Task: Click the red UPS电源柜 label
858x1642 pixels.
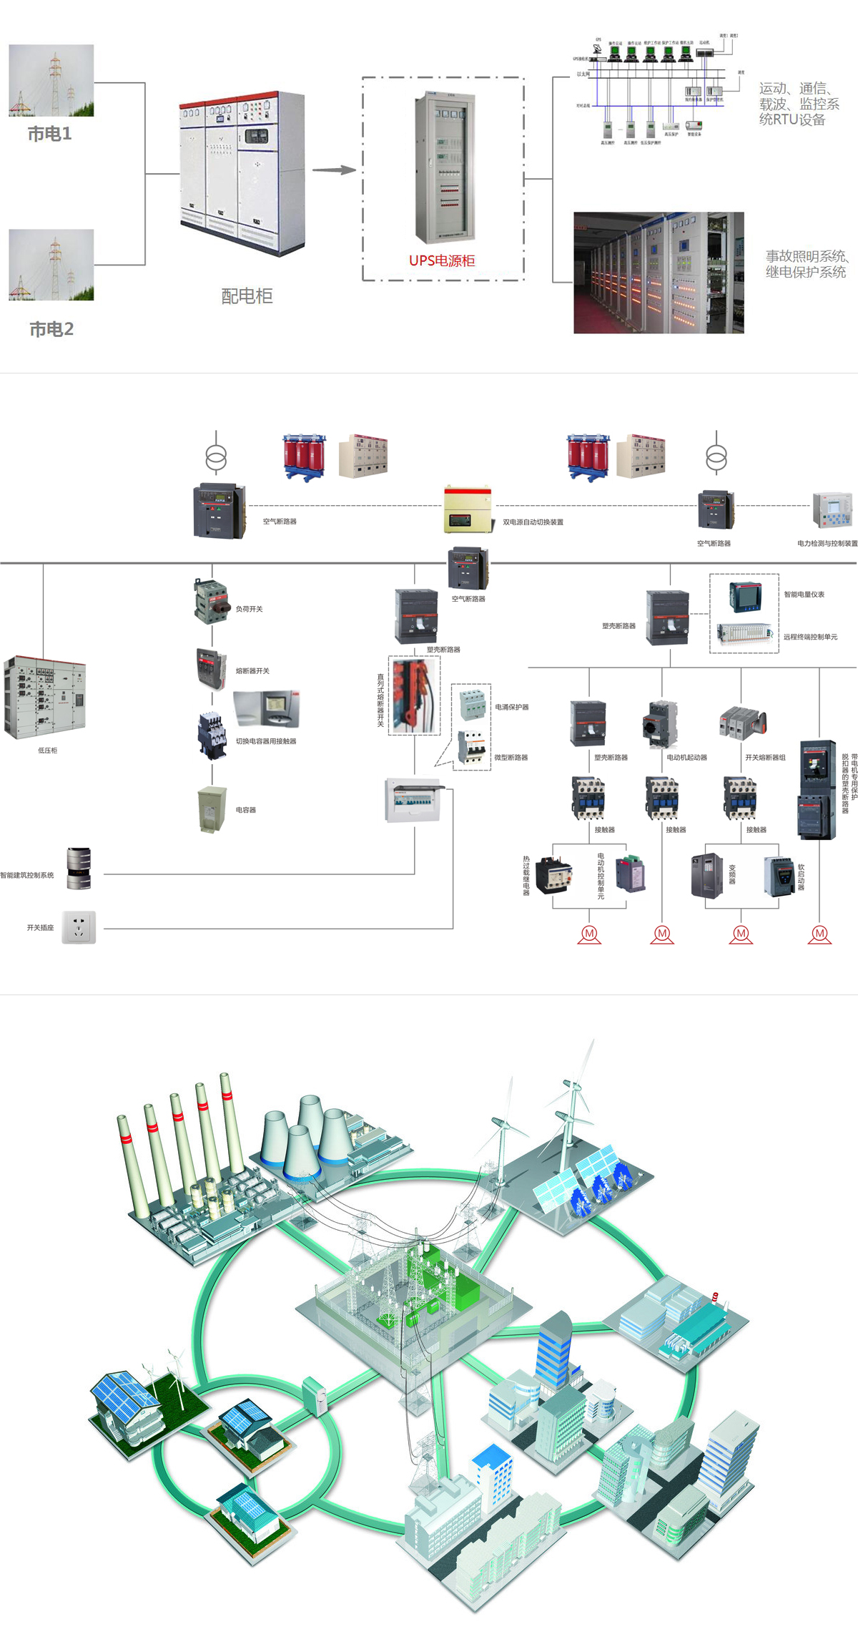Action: click(x=442, y=260)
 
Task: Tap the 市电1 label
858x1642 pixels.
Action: click(x=49, y=134)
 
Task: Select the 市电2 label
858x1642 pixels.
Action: click(x=51, y=329)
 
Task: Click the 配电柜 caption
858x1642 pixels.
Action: click(x=247, y=296)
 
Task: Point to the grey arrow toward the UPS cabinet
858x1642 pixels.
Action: click(x=334, y=170)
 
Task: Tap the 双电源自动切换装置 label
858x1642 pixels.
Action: click(x=533, y=522)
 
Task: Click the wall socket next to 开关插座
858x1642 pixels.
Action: click(x=79, y=927)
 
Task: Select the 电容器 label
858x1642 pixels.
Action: click(x=246, y=810)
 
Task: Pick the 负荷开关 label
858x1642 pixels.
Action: click(x=250, y=609)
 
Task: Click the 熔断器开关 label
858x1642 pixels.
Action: click(x=252, y=671)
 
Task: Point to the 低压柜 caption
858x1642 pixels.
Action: click(x=48, y=751)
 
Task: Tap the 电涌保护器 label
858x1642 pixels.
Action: click(x=512, y=707)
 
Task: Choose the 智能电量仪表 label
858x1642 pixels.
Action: click(x=804, y=595)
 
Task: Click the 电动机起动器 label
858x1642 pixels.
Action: click(x=686, y=757)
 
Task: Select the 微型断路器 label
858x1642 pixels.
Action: click(x=511, y=757)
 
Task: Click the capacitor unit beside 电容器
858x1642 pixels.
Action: click(x=212, y=809)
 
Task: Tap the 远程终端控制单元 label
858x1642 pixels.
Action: click(x=810, y=637)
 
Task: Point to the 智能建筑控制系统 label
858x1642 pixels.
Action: click(x=27, y=875)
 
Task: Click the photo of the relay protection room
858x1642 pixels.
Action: click(x=659, y=273)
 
